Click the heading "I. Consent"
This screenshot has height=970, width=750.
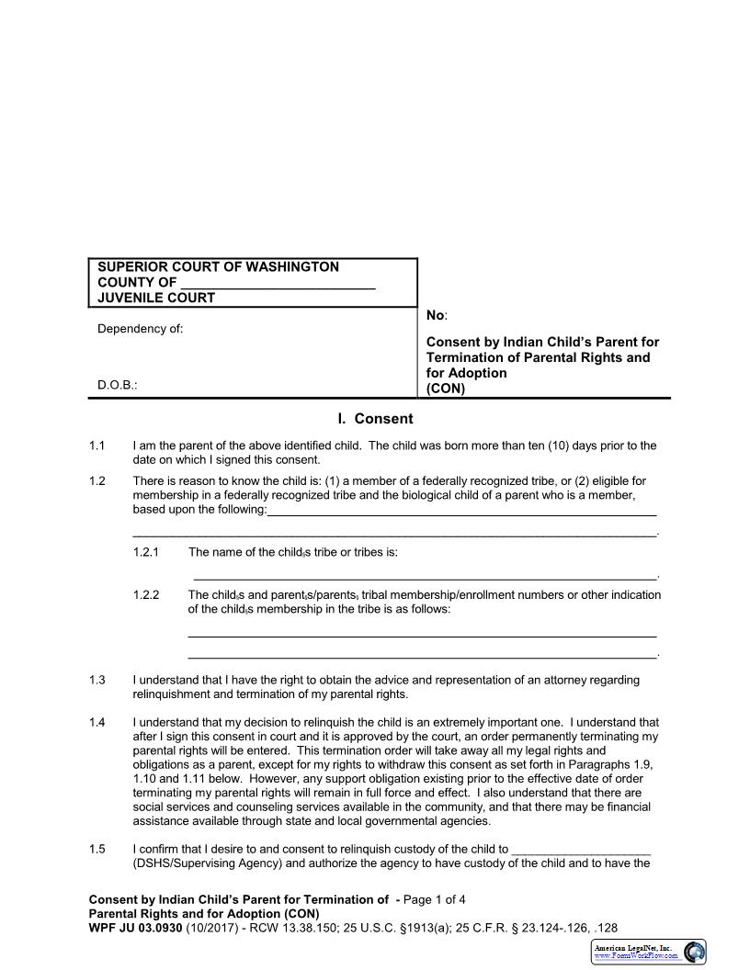(375, 419)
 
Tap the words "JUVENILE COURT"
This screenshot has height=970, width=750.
(156, 298)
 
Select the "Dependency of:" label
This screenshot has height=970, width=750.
(140, 329)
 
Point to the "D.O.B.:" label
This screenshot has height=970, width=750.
(118, 387)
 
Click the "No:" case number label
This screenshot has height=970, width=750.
(437, 315)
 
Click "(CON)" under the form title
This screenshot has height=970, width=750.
(446, 388)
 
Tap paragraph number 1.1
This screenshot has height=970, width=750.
(97, 446)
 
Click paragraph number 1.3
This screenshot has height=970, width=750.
(97, 680)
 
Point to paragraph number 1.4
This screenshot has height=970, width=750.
(97, 723)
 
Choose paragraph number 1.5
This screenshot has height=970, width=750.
(97, 849)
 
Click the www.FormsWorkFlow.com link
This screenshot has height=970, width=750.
(637, 955)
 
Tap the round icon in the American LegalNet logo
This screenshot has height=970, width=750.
(695, 951)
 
